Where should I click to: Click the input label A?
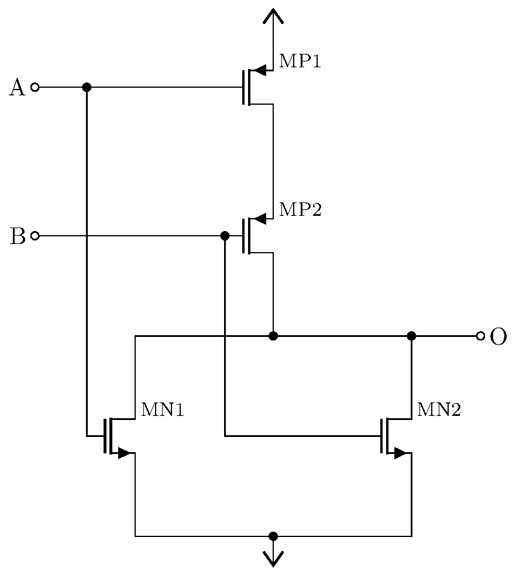click(18, 88)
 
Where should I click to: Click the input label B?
click(18, 236)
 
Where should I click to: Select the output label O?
click(497, 337)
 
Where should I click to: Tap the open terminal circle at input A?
click(35, 88)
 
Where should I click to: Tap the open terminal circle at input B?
click(35, 236)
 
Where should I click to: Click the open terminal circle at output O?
click(480, 336)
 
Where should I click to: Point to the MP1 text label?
click(300, 61)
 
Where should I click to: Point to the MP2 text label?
click(300, 209)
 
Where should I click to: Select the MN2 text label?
click(439, 410)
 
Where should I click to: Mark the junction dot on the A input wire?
click(87, 88)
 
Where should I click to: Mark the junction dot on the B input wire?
click(225, 236)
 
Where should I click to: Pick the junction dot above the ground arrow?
click(273, 536)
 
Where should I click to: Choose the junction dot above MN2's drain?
click(411, 336)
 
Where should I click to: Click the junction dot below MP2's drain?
click(273, 336)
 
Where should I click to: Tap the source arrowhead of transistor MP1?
click(261, 71)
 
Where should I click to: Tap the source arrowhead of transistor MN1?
click(123, 453)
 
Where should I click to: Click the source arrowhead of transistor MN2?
click(400, 453)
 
